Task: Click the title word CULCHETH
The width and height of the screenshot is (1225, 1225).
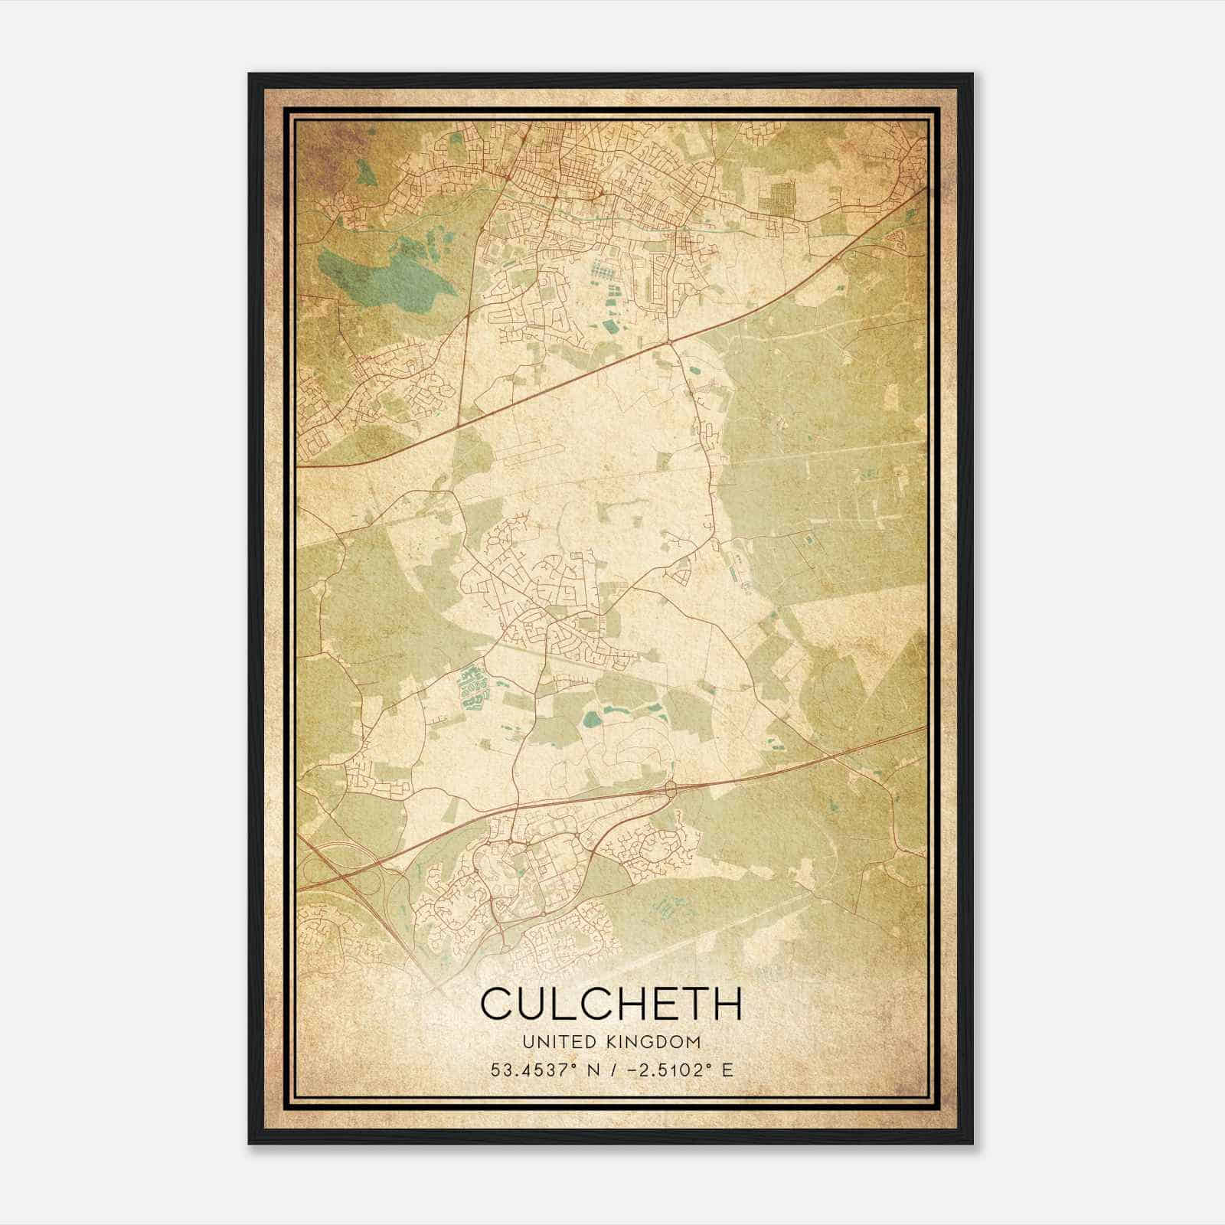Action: click(611, 1004)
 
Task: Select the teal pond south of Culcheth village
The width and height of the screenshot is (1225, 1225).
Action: click(591, 719)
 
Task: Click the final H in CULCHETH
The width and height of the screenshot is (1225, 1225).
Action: click(727, 1004)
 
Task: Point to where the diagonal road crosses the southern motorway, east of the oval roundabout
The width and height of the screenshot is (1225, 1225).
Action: click(831, 756)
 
